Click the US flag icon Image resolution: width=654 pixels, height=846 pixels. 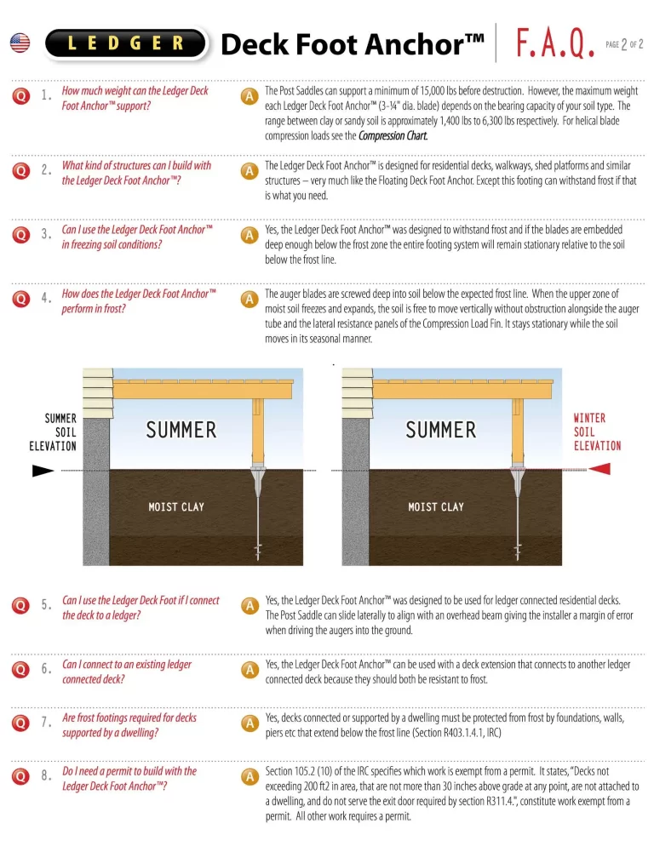(20, 43)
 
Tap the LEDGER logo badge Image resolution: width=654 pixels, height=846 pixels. (126, 43)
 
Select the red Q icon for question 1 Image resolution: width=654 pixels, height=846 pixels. (20, 97)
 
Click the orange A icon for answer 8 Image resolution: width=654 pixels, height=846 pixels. (250, 776)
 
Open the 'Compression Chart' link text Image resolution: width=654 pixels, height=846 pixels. (393, 136)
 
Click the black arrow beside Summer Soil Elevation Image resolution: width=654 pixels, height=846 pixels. (43, 469)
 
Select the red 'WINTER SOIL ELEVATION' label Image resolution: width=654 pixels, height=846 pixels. (597, 432)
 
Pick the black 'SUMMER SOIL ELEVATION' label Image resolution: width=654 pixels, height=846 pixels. (52, 432)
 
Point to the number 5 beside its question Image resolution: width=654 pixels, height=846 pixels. (46, 606)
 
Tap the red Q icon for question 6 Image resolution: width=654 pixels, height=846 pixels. (20, 670)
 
